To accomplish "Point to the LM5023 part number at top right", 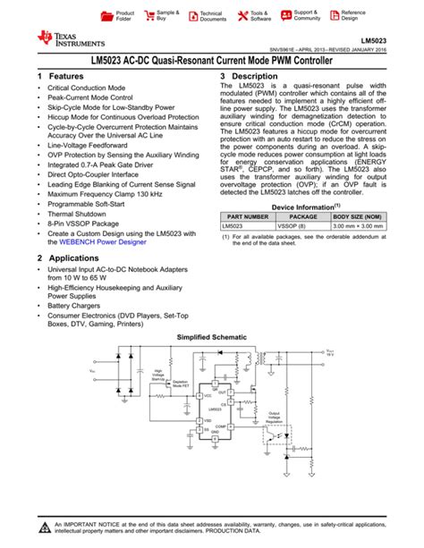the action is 375,40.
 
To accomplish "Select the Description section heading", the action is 259,77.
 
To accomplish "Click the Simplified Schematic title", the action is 212,337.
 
